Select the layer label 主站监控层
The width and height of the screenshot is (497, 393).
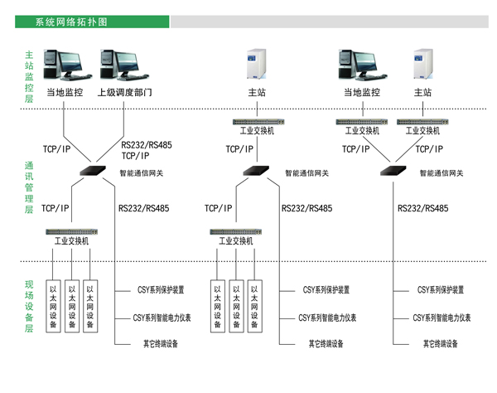pos(30,75)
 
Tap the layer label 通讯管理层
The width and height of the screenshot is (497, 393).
pos(30,187)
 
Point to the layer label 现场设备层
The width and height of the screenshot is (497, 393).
pos(30,306)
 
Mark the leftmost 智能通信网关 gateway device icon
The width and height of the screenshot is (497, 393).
pos(90,171)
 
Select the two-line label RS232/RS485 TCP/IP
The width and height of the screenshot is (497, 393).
pos(146,148)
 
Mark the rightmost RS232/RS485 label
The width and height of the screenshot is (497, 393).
pos(423,209)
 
